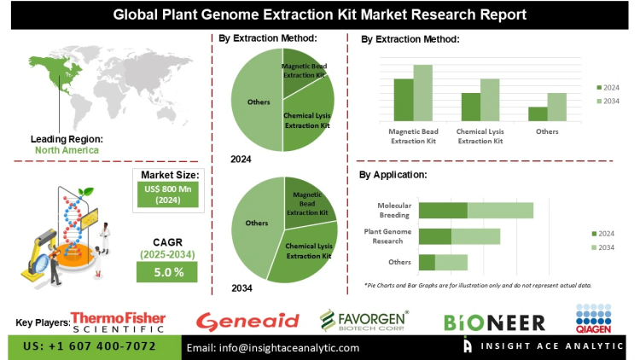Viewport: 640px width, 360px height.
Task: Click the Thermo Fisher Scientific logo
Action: click(x=118, y=320)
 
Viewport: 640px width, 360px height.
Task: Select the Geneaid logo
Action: click(x=247, y=321)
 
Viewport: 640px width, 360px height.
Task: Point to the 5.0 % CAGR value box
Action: click(x=167, y=271)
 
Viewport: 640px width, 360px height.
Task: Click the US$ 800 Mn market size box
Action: click(x=167, y=195)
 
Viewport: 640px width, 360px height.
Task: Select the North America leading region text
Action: click(x=67, y=150)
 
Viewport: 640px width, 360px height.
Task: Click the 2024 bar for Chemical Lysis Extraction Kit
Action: click(x=471, y=106)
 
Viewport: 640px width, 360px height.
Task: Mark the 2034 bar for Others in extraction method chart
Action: click(x=556, y=107)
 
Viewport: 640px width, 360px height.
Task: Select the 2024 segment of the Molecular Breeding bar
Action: click(x=443, y=210)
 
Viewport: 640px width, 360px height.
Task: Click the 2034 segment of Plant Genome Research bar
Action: click(x=475, y=236)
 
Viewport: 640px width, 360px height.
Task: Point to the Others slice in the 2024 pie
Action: click(x=257, y=102)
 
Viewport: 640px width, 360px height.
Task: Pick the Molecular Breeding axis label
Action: click(x=395, y=210)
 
